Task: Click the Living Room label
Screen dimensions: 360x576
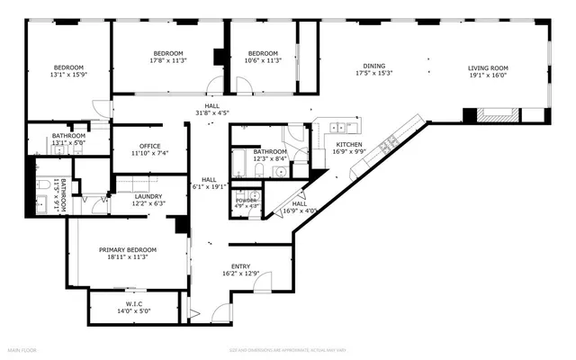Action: point(488,67)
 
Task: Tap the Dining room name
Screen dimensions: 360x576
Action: point(374,66)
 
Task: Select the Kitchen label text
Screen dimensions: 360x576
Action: point(349,144)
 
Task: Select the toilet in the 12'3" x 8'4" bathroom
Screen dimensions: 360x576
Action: point(259,169)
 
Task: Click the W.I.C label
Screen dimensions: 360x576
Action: point(135,303)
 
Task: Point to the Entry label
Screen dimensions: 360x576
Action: point(240,265)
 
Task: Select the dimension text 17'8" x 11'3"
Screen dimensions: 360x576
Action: point(167,61)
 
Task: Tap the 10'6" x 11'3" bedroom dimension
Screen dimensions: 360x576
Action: point(263,61)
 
